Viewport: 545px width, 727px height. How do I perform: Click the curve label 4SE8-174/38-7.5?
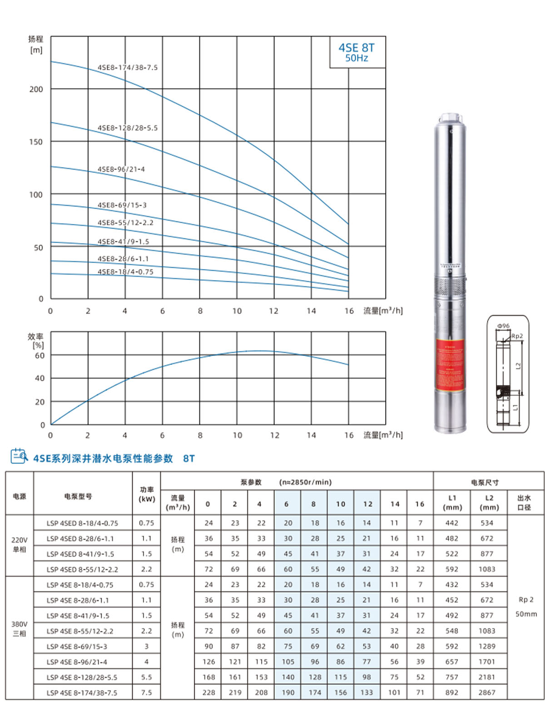pos(128,68)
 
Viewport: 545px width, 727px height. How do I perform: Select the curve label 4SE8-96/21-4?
pos(121,169)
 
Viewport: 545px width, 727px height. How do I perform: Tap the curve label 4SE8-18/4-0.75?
pos(125,272)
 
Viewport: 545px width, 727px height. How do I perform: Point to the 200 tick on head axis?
pos(36,90)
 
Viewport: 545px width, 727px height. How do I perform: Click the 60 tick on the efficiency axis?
pos(40,356)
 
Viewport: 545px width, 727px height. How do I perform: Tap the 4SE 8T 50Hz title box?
pos(357,53)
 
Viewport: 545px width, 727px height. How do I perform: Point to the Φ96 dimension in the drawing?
pos(503,326)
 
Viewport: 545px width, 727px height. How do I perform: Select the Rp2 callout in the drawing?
pos(517,336)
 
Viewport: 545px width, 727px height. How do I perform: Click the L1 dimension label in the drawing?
pos(515,408)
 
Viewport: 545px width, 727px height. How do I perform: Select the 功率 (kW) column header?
pos(147,494)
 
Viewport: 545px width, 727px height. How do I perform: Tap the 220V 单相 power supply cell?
pos(19,545)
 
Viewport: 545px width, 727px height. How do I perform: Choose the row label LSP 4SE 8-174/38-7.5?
pos(82,693)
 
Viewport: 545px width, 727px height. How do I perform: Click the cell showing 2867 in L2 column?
pos(486,693)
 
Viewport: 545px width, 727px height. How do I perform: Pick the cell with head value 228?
pos(208,693)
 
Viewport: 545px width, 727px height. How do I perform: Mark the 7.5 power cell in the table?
pos(146,693)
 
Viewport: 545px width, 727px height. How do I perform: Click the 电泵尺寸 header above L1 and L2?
pos(485,483)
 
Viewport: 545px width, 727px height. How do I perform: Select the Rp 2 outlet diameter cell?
pos(526,600)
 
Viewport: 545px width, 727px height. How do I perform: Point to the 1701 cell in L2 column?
pos(486,662)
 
